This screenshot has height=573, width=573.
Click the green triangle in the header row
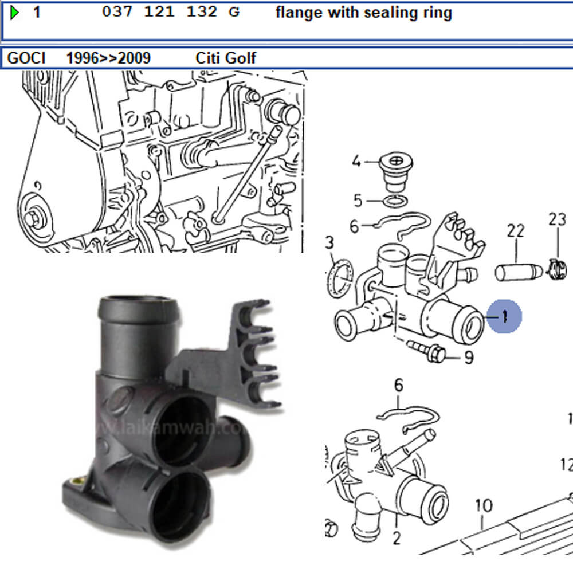[15, 12]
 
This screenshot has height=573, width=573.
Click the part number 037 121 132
[159, 12]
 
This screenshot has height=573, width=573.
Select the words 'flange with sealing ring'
[363, 13]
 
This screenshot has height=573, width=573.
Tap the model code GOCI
[25, 58]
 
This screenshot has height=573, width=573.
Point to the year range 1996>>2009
[108, 58]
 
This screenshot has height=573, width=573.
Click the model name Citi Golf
[226, 58]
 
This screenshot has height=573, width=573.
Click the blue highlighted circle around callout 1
[504, 316]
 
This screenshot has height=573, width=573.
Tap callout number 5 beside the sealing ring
[358, 201]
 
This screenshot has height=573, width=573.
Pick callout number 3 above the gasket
[329, 242]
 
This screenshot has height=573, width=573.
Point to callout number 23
[556, 219]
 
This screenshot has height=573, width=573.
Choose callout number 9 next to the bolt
[469, 358]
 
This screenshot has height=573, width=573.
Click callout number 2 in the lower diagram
[396, 538]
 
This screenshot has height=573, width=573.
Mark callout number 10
[484, 506]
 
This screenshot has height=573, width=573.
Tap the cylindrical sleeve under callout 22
[515, 270]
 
